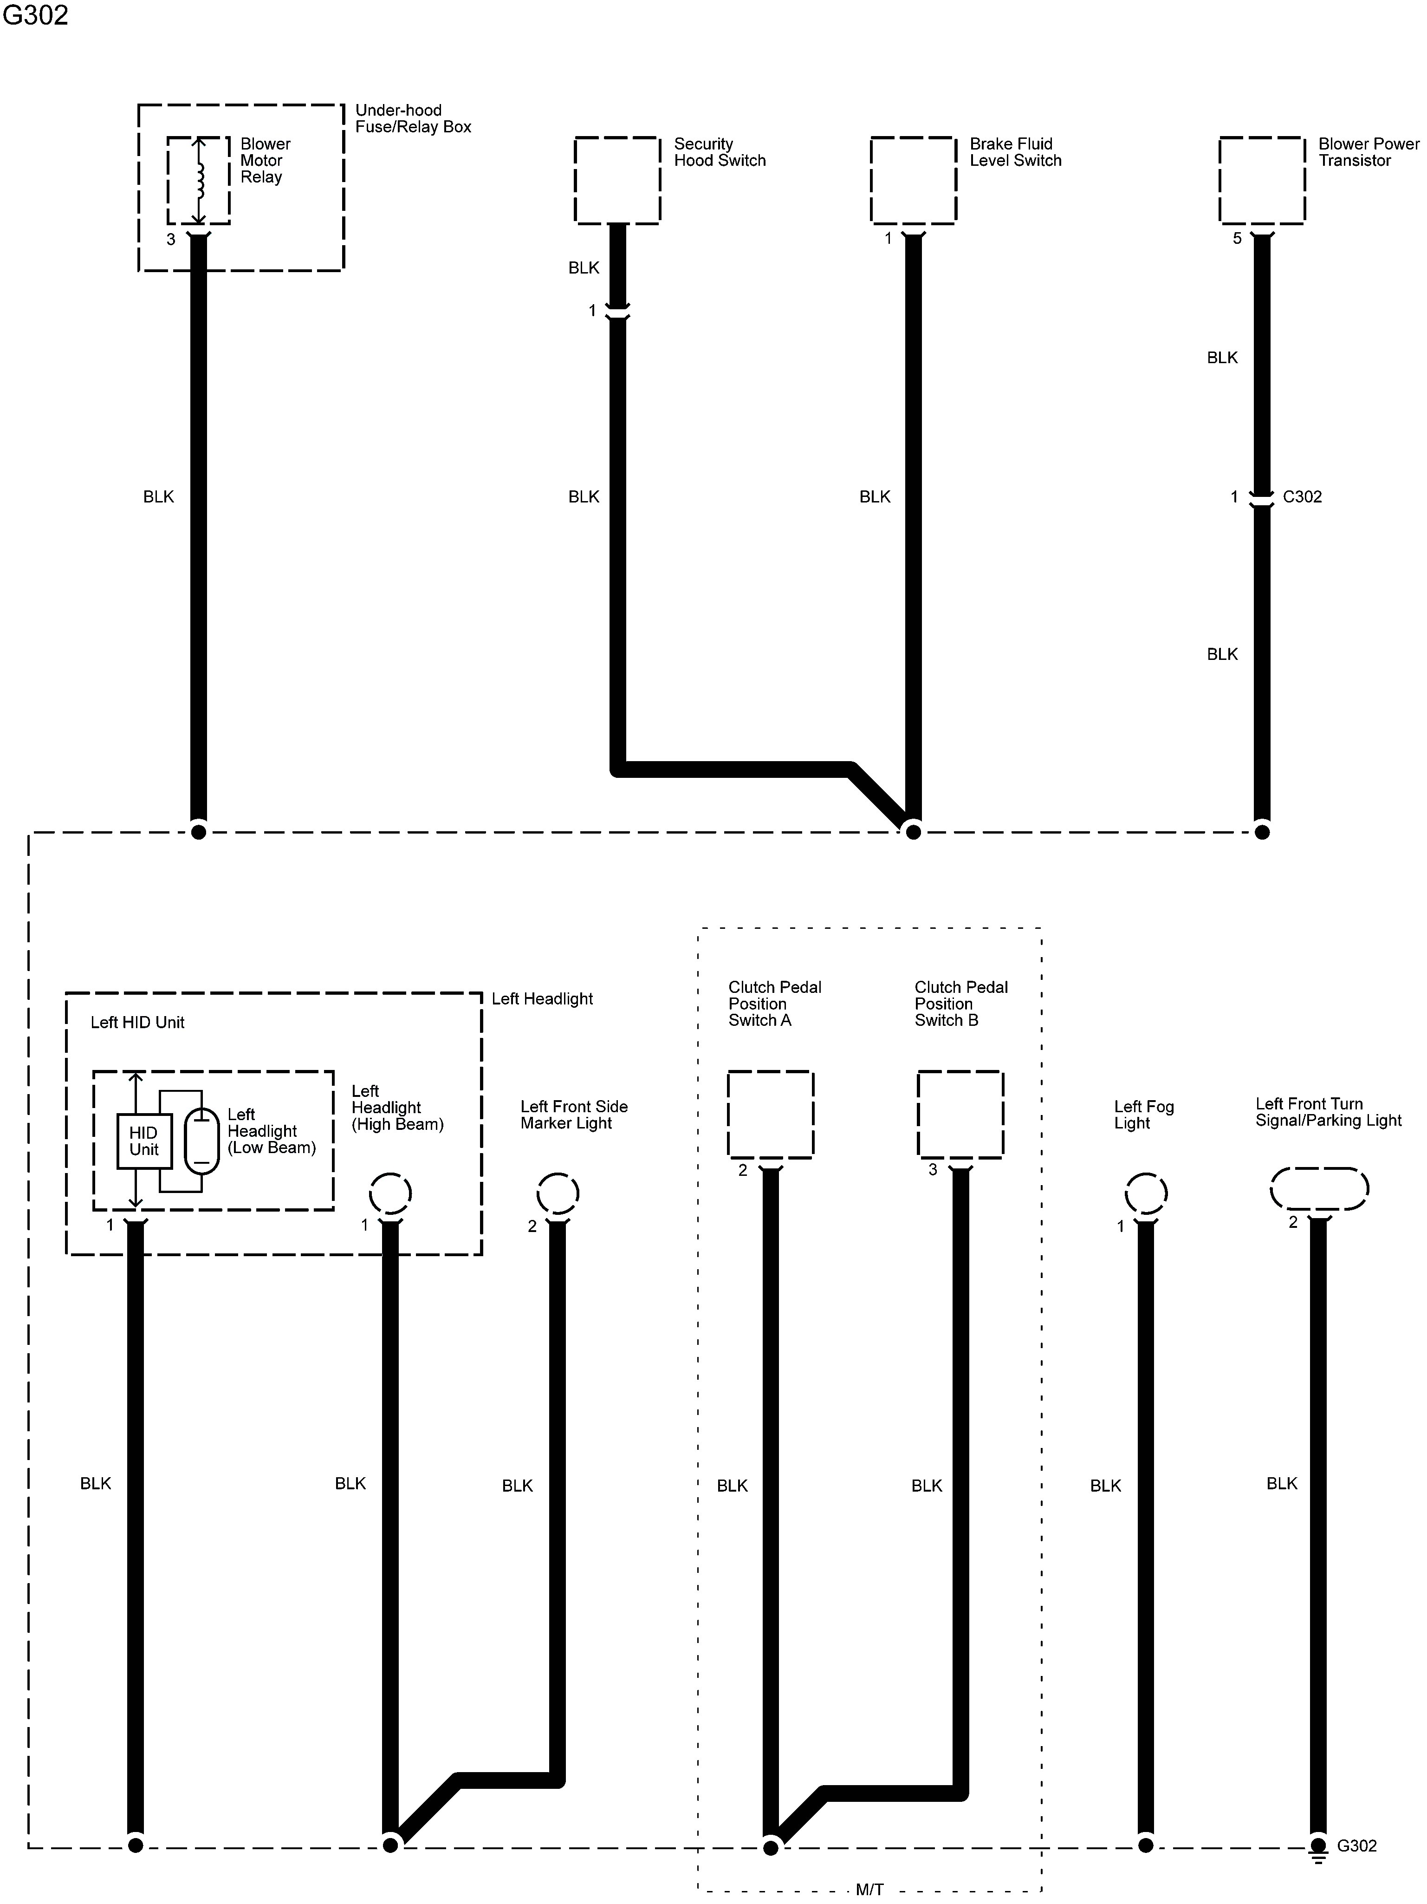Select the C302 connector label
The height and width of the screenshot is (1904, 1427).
[x=1301, y=496]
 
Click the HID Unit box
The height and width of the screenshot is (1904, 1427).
[x=144, y=1141]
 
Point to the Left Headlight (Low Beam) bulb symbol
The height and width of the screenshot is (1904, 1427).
[x=201, y=1141]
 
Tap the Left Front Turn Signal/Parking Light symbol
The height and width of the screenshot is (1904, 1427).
[x=1318, y=1189]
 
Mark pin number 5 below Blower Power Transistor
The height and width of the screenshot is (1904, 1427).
[x=1237, y=238]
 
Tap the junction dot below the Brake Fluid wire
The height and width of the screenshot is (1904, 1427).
[x=913, y=832]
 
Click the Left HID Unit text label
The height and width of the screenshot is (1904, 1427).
[x=138, y=1023]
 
